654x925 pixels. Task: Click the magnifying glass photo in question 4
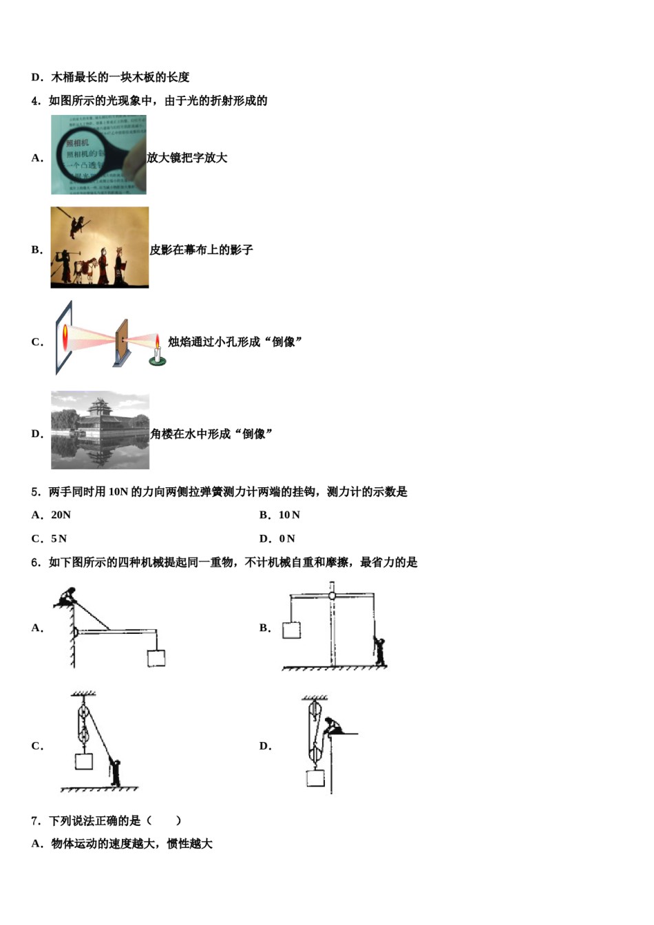point(98,155)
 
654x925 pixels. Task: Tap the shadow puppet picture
point(99,247)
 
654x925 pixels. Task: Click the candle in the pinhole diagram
point(158,352)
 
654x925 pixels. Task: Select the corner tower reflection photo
point(100,430)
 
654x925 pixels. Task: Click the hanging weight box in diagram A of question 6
point(156,658)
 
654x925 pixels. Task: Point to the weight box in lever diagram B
point(292,630)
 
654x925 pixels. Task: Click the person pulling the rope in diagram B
point(379,651)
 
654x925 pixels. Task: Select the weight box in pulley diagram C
point(83,761)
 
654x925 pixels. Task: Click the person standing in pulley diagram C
point(115,773)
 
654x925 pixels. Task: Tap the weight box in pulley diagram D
point(315,778)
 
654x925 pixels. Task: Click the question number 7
point(36,820)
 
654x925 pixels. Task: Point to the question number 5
point(36,491)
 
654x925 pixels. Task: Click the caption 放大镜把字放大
point(187,158)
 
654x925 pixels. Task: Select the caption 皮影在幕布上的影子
point(201,250)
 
